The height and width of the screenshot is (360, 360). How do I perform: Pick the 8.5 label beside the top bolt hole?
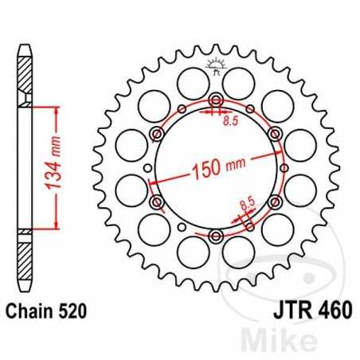pos(229,121)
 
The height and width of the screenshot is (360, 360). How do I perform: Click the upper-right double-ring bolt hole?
pos(275,133)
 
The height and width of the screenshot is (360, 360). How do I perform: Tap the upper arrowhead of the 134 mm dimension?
pos(55,108)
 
